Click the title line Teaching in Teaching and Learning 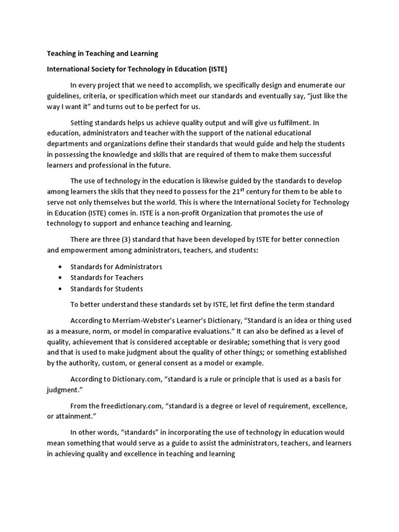click(x=103, y=54)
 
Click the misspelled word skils click(x=135, y=191)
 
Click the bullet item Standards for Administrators click(x=116, y=267)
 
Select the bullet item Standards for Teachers click(x=107, y=278)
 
